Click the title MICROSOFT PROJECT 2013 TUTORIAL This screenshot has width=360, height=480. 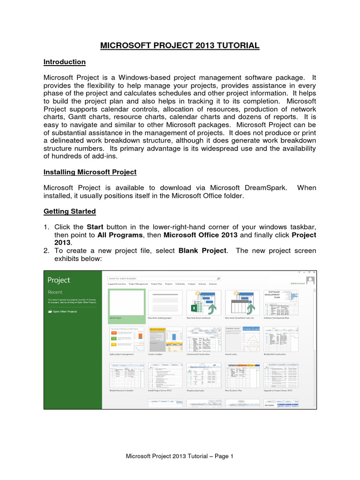[x=180, y=45]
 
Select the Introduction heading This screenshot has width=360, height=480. [x=64, y=62]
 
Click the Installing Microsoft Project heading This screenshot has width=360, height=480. [x=90, y=172]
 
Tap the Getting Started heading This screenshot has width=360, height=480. [x=69, y=211]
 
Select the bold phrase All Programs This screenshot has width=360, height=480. [x=117, y=235]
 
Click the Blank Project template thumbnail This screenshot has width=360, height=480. [x=126, y=302]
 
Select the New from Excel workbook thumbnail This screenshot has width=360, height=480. [x=203, y=302]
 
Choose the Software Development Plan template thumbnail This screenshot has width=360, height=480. [x=281, y=302]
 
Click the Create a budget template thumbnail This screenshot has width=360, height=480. [x=165, y=339]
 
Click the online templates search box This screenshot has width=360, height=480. [x=164, y=278]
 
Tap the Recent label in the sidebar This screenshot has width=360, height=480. [x=55, y=292]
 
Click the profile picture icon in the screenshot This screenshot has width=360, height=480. [x=310, y=280]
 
